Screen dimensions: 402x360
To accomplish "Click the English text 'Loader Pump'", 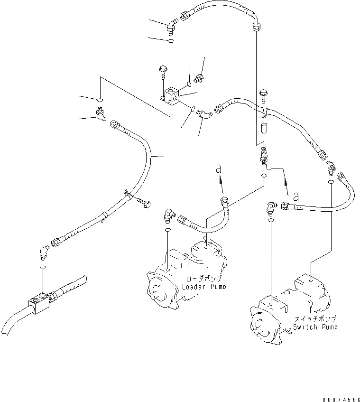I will (204, 287).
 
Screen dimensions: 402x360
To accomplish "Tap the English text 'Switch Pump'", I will (315, 327).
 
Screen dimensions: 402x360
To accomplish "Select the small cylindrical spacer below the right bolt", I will (264, 128).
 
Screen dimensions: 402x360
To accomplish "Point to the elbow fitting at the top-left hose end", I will (171, 25).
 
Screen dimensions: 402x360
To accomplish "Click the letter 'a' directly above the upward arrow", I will (218, 168).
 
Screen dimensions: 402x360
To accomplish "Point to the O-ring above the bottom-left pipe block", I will (43, 269).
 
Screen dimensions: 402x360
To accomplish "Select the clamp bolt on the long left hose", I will (143, 203).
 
